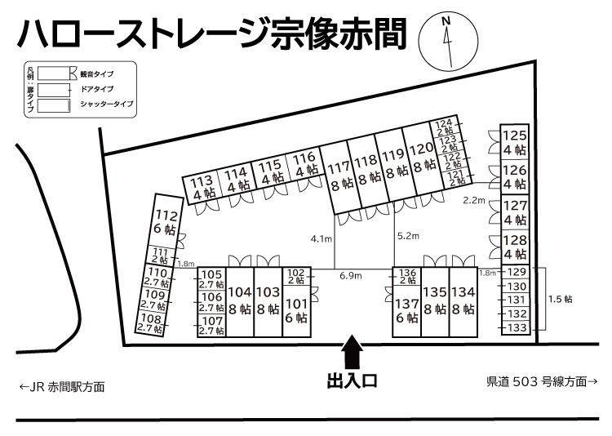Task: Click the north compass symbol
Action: pos(447,42)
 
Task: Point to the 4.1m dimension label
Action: pos(322,238)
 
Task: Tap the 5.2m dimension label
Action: pos(407,236)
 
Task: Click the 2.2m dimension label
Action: pos(473,199)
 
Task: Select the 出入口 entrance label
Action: pos(352,381)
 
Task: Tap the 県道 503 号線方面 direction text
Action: pos(542,380)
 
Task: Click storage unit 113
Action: pos(202,187)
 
